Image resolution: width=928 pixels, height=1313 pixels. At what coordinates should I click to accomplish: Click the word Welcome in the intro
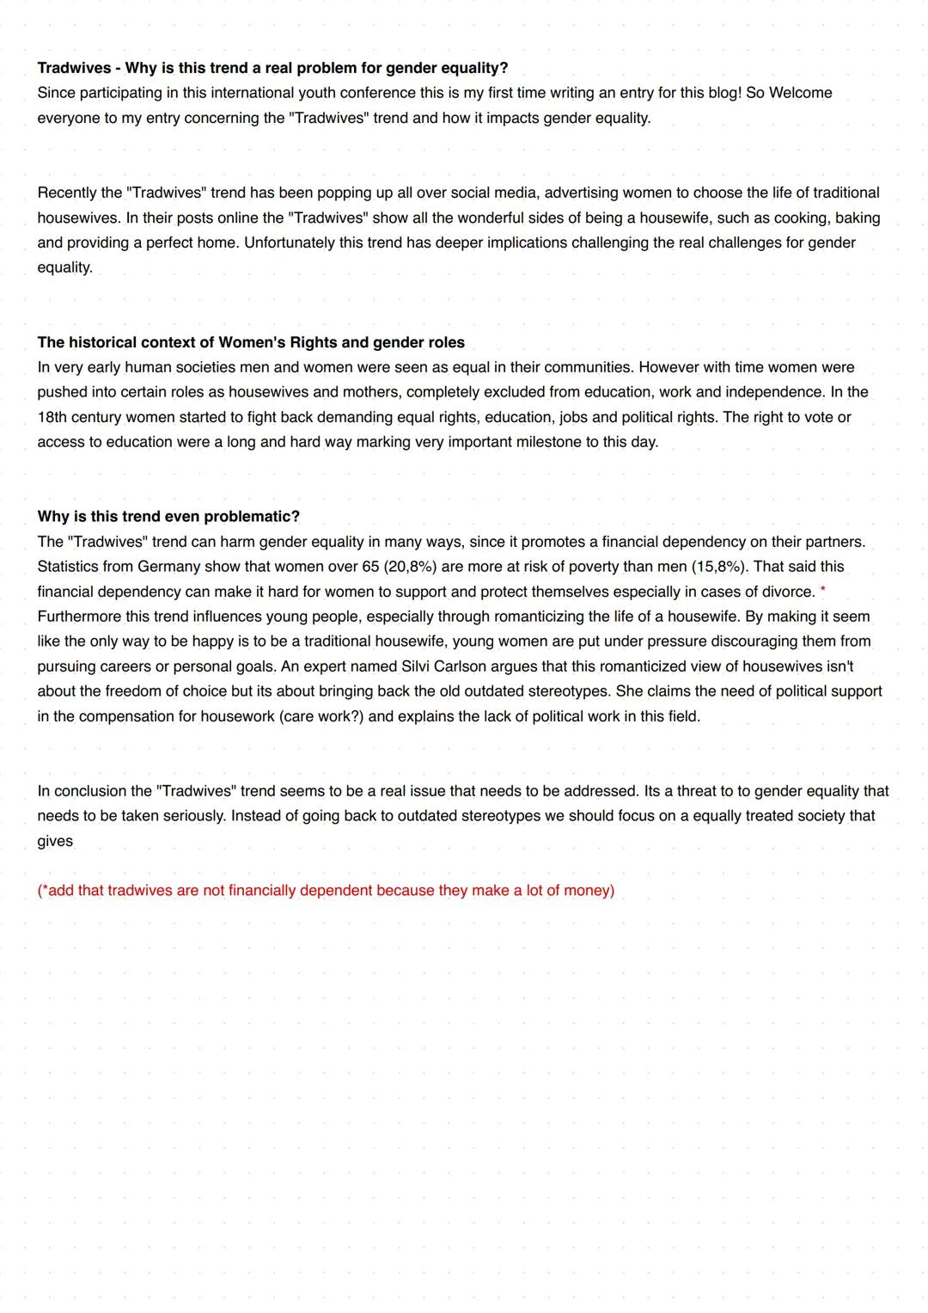[x=800, y=93]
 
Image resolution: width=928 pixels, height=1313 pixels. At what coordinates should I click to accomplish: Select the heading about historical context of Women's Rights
[x=250, y=342]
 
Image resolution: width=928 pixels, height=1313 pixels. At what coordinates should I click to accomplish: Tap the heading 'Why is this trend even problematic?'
[x=168, y=517]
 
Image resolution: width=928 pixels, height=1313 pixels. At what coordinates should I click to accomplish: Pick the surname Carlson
[x=473, y=666]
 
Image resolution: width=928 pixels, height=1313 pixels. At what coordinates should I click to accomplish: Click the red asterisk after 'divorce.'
[x=823, y=591]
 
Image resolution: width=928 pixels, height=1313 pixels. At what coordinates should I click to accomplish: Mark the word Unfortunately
[x=289, y=242]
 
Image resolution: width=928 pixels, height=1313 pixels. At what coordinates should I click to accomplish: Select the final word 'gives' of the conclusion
[x=55, y=841]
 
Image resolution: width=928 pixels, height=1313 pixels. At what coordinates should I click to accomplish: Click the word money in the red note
[x=587, y=891]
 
